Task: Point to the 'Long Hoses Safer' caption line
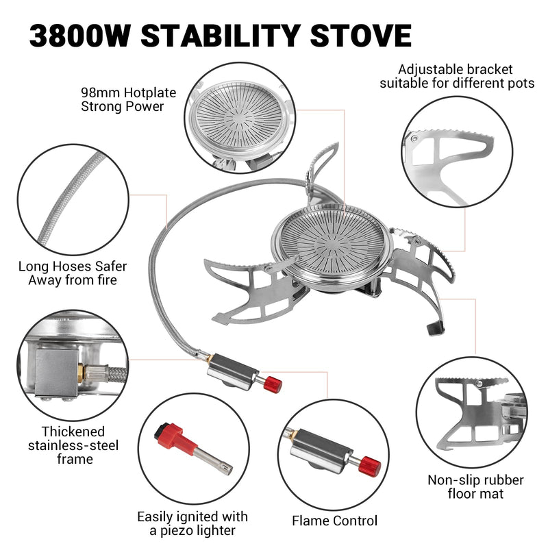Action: (x=73, y=266)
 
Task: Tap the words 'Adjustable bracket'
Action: (x=456, y=70)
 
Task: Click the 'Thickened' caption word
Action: (x=73, y=432)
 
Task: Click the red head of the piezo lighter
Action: (x=169, y=433)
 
